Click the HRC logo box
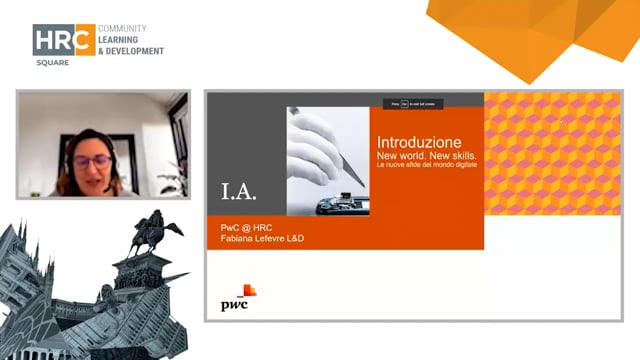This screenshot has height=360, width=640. click(64, 39)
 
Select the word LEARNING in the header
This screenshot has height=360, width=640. click(124, 39)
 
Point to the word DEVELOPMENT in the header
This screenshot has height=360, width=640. click(135, 50)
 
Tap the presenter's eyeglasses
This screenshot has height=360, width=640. click(93, 159)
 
